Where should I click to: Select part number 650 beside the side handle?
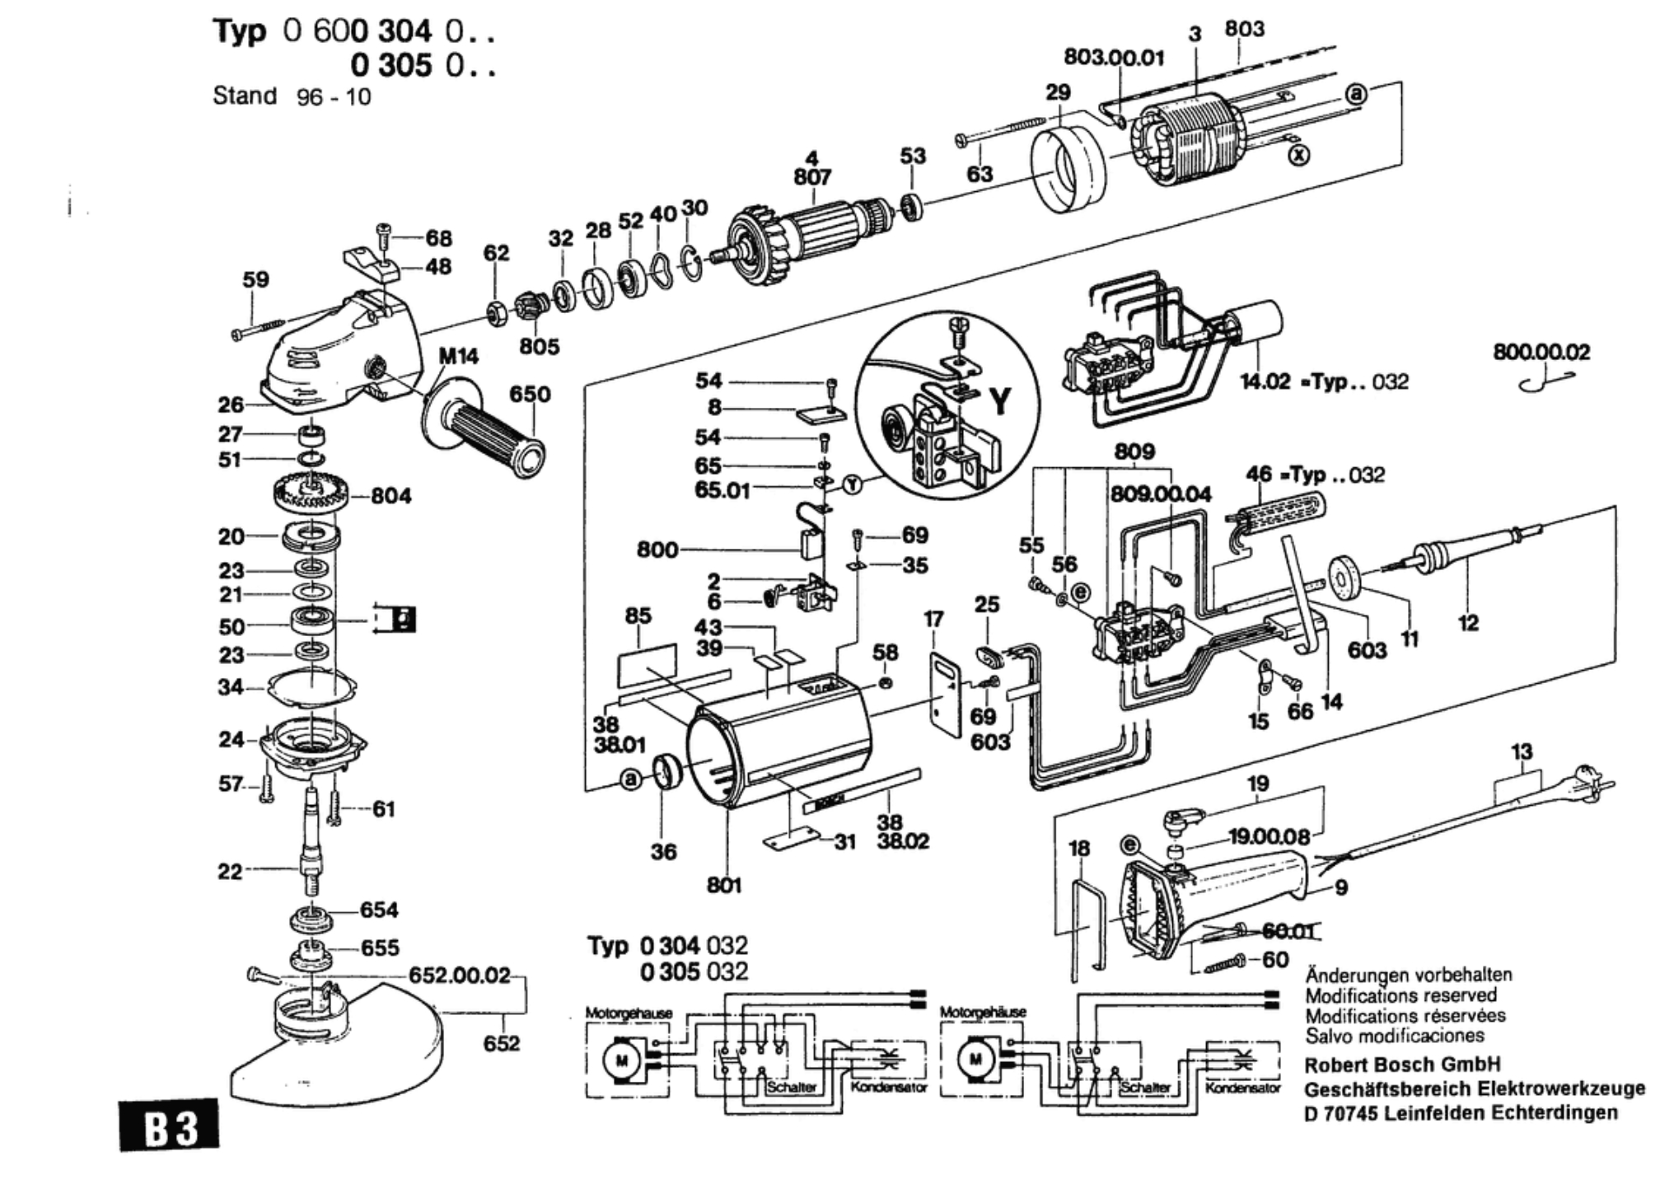pos(530,394)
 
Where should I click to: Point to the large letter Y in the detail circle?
pos(999,401)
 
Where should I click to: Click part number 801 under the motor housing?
pos(724,885)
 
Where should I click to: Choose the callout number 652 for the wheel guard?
pos(501,1043)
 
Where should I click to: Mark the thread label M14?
pos(458,356)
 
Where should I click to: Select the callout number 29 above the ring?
pos(1058,92)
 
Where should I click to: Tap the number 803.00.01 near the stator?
pos(1115,57)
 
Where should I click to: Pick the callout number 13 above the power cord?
pos(1522,751)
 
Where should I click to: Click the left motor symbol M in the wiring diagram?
pos(621,1059)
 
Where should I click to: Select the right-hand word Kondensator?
pos(1242,1088)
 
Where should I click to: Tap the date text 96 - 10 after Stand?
pos(334,97)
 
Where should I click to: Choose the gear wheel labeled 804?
pos(311,494)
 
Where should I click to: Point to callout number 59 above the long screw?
pos(255,279)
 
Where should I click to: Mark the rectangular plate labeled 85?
pos(648,664)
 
